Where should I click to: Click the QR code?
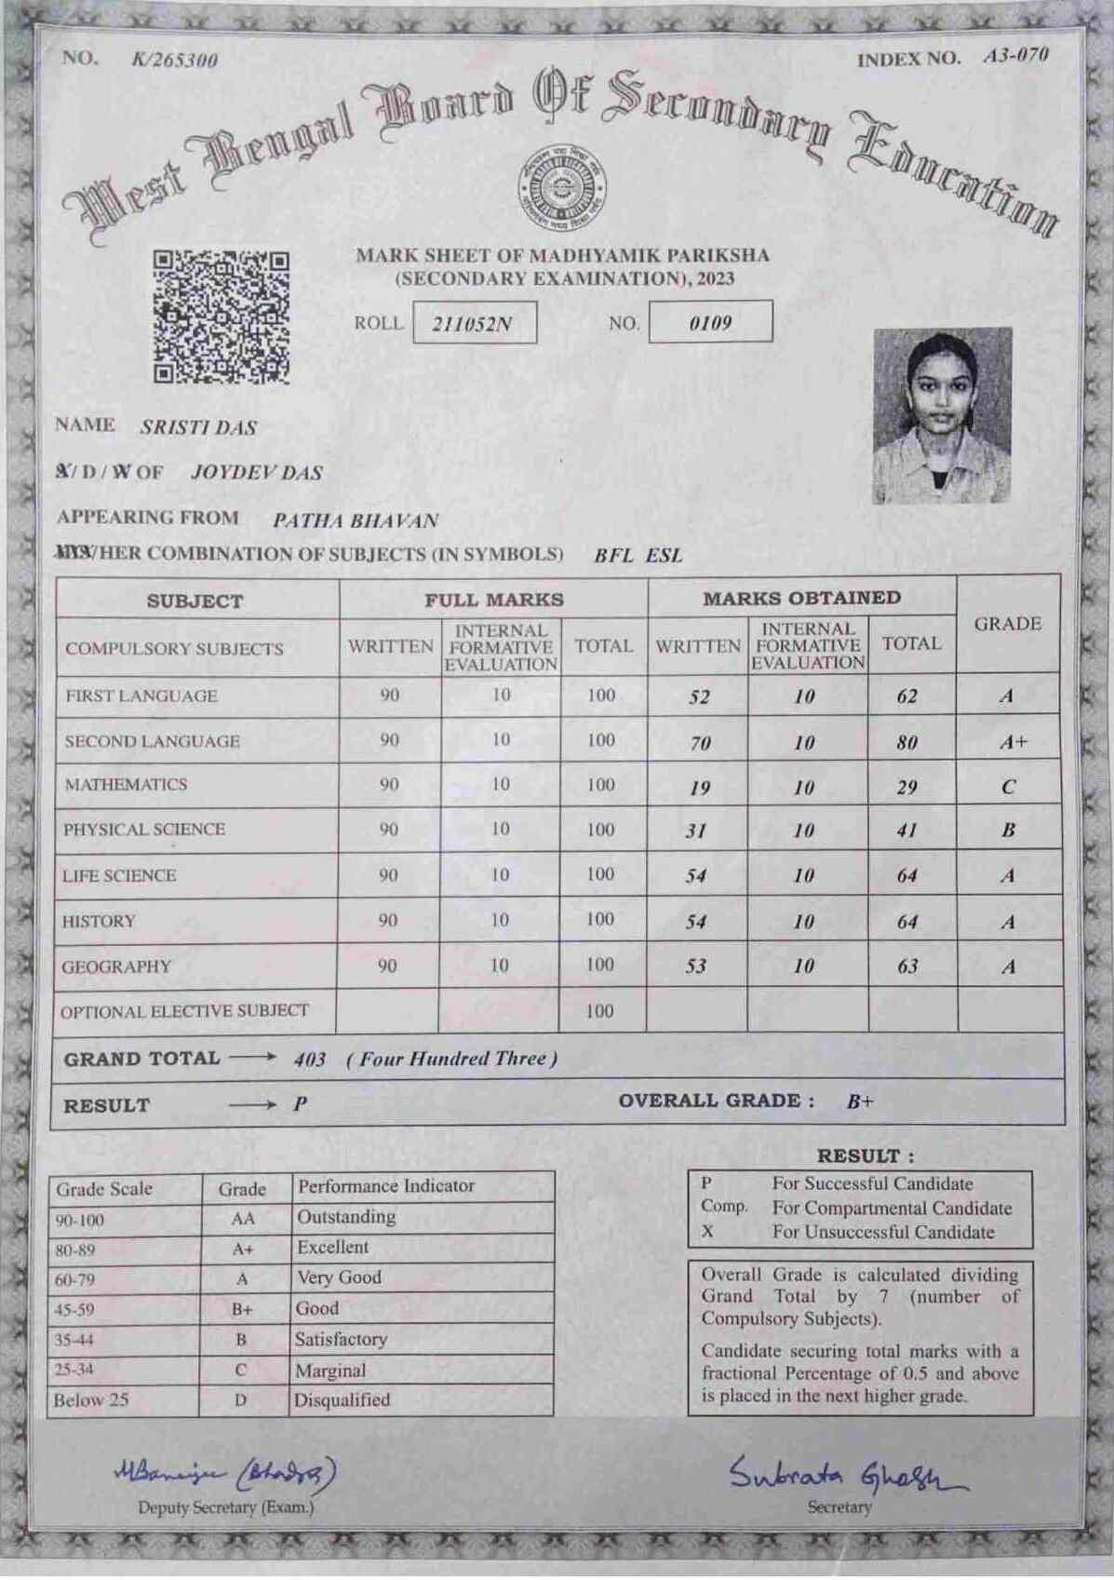coord(221,317)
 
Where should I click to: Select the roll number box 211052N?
coord(474,324)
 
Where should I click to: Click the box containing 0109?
coord(710,323)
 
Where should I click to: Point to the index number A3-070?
coord(1015,56)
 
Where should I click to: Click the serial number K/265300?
coord(175,61)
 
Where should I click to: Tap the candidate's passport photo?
coord(942,415)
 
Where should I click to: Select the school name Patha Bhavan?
coord(355,521)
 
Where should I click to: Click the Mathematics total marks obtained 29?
coord(907,788)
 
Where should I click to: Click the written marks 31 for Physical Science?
coord(696,831)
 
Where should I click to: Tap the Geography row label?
coord(117,966)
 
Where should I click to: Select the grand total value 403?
coord(310,1060)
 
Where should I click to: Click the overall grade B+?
coord(860,1102)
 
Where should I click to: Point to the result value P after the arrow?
coord(300,1105)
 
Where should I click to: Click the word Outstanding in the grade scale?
coord(346,1217)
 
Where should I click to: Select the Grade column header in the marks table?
coord(1008,624)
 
